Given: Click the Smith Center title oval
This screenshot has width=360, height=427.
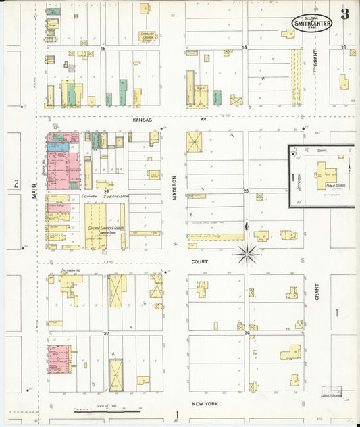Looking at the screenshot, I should point(311,22).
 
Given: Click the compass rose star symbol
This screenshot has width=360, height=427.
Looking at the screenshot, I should point(248,254).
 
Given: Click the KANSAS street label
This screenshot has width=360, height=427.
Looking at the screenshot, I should point(143,120).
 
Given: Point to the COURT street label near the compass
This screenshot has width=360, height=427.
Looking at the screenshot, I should point(199,261).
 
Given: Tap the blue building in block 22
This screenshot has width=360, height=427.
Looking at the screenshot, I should point(58,146).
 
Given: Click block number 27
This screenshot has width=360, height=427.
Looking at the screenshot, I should point(106,333).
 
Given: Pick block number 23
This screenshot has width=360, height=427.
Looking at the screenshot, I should point(247,191).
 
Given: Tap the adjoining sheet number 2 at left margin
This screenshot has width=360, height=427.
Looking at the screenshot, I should point(15,184).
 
